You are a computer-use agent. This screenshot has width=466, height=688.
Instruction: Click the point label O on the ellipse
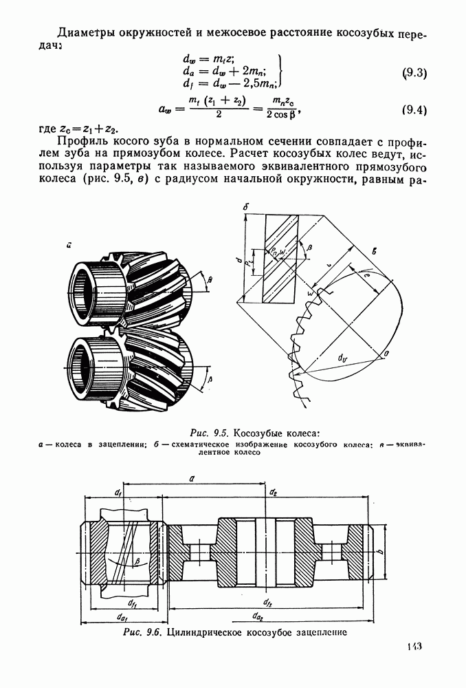(386, 352)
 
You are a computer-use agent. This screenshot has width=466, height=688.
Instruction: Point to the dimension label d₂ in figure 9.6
(273, 493)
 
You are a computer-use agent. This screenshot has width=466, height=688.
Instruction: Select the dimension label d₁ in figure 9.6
(118, 493)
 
